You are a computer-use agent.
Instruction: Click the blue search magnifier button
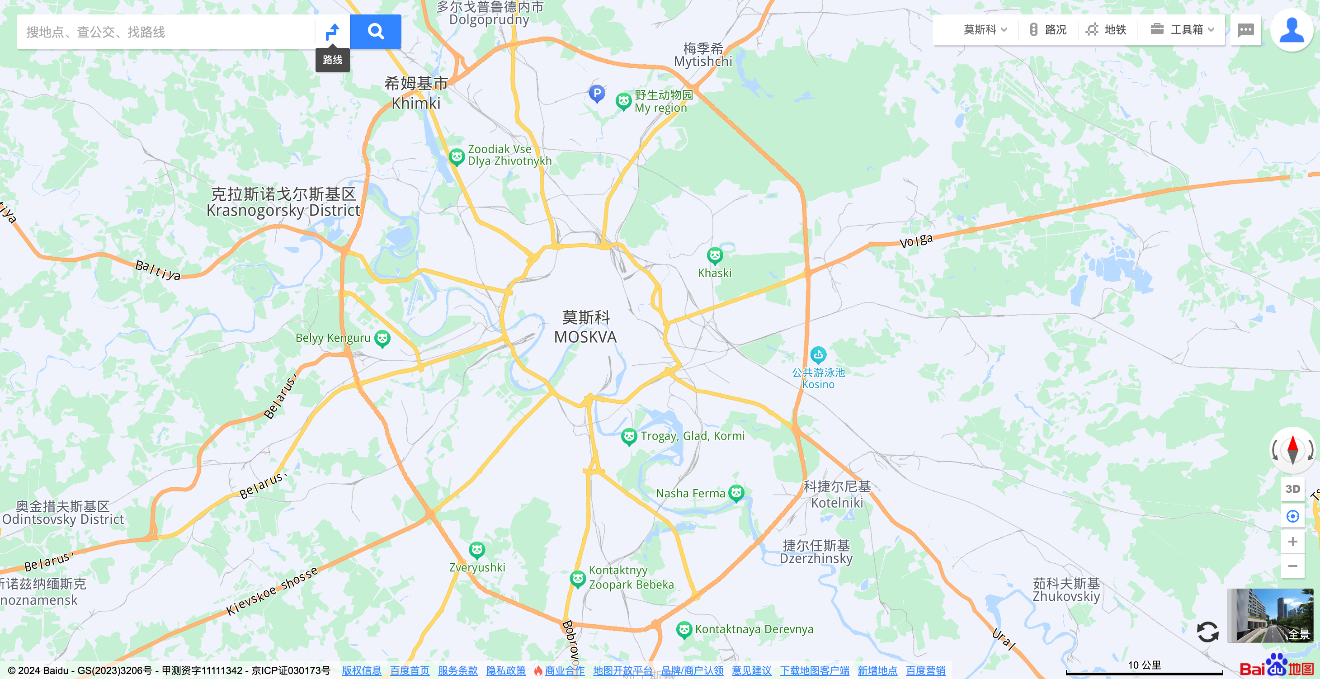coord(375,32)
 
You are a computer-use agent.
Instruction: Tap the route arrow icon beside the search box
coord(333,32)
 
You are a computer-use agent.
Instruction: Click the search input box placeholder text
coord(96,32)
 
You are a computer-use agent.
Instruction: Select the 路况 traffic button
coord(1048,30)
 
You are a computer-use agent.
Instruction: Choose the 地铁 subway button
coord(1107,30)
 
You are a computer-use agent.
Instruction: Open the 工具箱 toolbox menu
coord(1182,30)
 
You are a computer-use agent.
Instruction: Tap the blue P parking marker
coord(596,93)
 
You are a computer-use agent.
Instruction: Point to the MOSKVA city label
coord(585,337)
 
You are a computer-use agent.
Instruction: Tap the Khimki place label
coord(415,103)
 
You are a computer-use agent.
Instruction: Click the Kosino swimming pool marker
coord(818,354)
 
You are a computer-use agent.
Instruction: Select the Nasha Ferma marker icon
coord(736,493)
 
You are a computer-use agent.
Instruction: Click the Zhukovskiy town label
coord(1066,596)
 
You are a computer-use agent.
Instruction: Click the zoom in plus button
coord(1292,542)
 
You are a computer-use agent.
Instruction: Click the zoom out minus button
coord(1292,566)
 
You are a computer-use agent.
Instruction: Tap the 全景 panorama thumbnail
coord(1270,615)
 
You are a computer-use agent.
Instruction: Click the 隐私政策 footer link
coord(505,670)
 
